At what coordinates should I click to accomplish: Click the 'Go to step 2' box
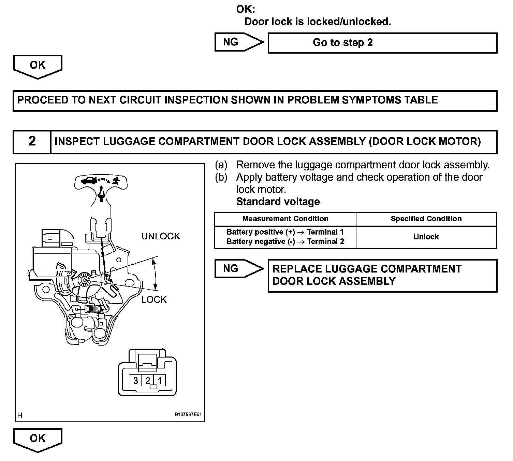point(382,43)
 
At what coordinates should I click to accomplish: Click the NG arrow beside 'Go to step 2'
point(238,42)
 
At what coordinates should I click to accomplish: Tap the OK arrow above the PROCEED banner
point(38,66)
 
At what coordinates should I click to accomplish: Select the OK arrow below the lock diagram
point(38,439)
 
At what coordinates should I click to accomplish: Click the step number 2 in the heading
point(32,141)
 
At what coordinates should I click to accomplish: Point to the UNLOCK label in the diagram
point(160,236)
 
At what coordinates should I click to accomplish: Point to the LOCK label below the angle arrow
point(154,299)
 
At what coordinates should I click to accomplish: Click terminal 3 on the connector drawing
point(136,380)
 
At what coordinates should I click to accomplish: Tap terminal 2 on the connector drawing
point(148,380)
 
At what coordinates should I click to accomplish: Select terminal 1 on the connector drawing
point(160,380)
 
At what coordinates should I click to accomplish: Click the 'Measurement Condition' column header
point(285,219)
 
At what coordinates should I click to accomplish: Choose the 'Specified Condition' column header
point(426,219)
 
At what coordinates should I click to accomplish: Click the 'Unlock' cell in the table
point(426,237)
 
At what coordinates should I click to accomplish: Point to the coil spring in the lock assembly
point(93,309)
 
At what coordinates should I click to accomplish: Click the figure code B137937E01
point(188,415)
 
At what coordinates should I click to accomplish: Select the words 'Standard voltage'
point(278,202)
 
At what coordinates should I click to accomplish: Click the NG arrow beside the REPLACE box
point(238,269)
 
